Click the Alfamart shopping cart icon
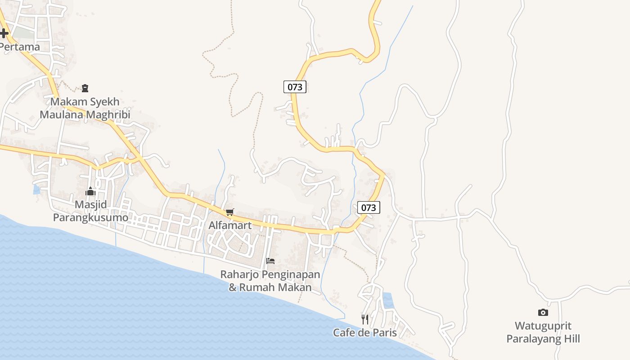point(229,212)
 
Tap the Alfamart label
point(230,225)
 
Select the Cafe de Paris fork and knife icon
point(365,319)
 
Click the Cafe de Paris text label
point(365,333)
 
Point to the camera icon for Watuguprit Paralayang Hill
point(543,312)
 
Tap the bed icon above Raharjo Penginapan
point(270,261)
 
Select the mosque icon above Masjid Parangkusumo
point(90,192)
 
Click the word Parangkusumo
point(90,217)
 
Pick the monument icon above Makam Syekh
point(85,88)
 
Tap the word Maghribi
point(108,114)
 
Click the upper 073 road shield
point(295,86)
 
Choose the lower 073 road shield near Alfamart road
point(369,207)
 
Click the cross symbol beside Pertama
point(4,33)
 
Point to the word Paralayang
point(535,338)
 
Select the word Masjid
point(90,205)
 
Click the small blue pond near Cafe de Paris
point(387,301)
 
